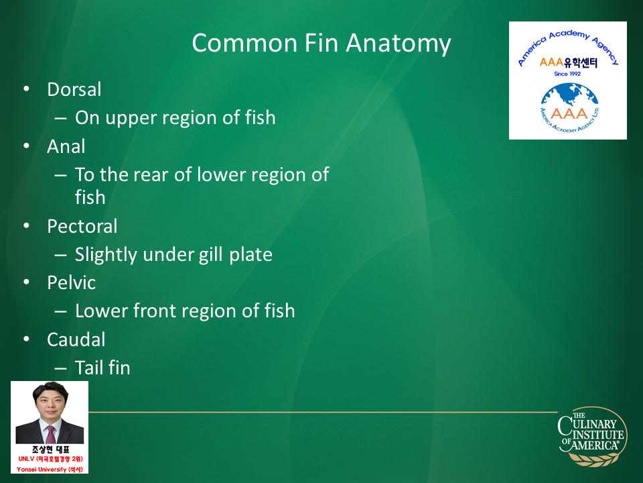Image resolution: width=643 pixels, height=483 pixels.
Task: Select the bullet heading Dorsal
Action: [74, 89]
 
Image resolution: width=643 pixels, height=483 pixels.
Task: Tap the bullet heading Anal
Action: [66, 146]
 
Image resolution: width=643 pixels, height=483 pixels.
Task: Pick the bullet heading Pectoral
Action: [82, 226]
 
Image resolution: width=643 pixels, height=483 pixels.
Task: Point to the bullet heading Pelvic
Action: [72, 282]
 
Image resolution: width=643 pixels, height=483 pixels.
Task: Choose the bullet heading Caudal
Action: [76, 339]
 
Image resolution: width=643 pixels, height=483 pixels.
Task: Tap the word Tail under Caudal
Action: [88, 368]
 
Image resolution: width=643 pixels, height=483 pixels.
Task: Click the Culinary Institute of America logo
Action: [593, 436]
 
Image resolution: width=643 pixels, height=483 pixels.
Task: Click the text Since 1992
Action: [567, 74]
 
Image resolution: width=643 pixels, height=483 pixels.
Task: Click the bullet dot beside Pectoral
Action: [27, 225]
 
